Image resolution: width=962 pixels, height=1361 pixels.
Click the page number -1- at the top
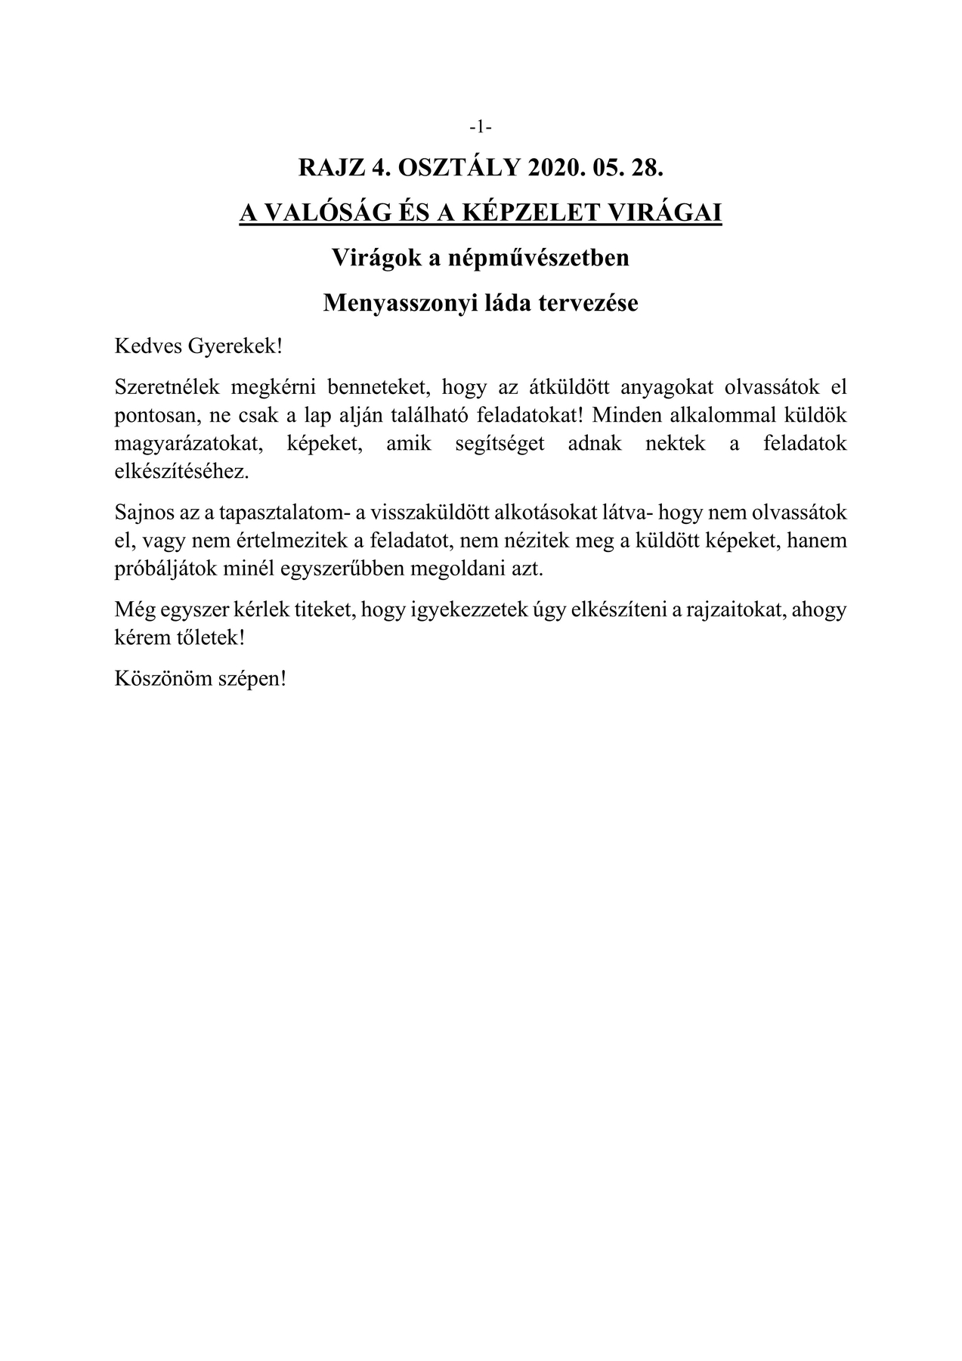(x=481, y=127)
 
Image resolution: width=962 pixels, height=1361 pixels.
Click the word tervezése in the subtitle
(x=593, y=303)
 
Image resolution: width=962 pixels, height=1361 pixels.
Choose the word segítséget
(x=500, y=443)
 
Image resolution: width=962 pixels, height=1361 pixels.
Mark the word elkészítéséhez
(x=181, y=471)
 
